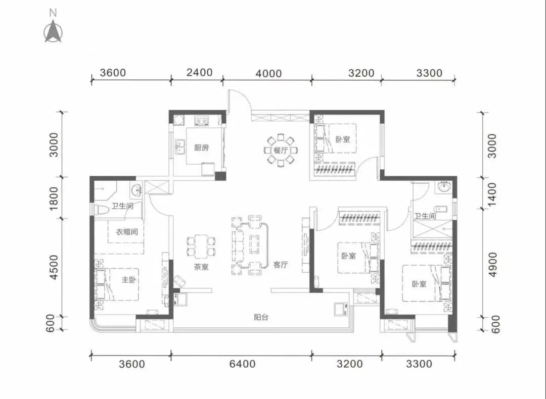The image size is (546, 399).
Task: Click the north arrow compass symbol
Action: [53, 31]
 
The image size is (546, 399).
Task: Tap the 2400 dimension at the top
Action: [199, 72]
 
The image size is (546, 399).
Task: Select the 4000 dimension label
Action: [268, 74]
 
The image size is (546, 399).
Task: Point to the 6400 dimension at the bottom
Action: [242, 364]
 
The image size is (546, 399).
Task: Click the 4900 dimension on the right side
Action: [492, 265]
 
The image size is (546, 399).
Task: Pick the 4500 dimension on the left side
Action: [53, 267]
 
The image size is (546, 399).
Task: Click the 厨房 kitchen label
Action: [201, 147]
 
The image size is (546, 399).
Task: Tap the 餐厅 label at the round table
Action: [281, 151]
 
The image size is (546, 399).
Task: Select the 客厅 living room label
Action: [280, 265]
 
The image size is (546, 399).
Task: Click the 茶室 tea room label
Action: [201, 267]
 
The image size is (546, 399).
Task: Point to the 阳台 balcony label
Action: [261, 317]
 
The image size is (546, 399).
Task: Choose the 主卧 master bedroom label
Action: [128, 279]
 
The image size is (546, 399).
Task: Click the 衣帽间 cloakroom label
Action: [127, 232]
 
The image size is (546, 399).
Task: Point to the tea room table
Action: [201, 246]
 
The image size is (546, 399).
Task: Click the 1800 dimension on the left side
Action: [54, 198]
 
